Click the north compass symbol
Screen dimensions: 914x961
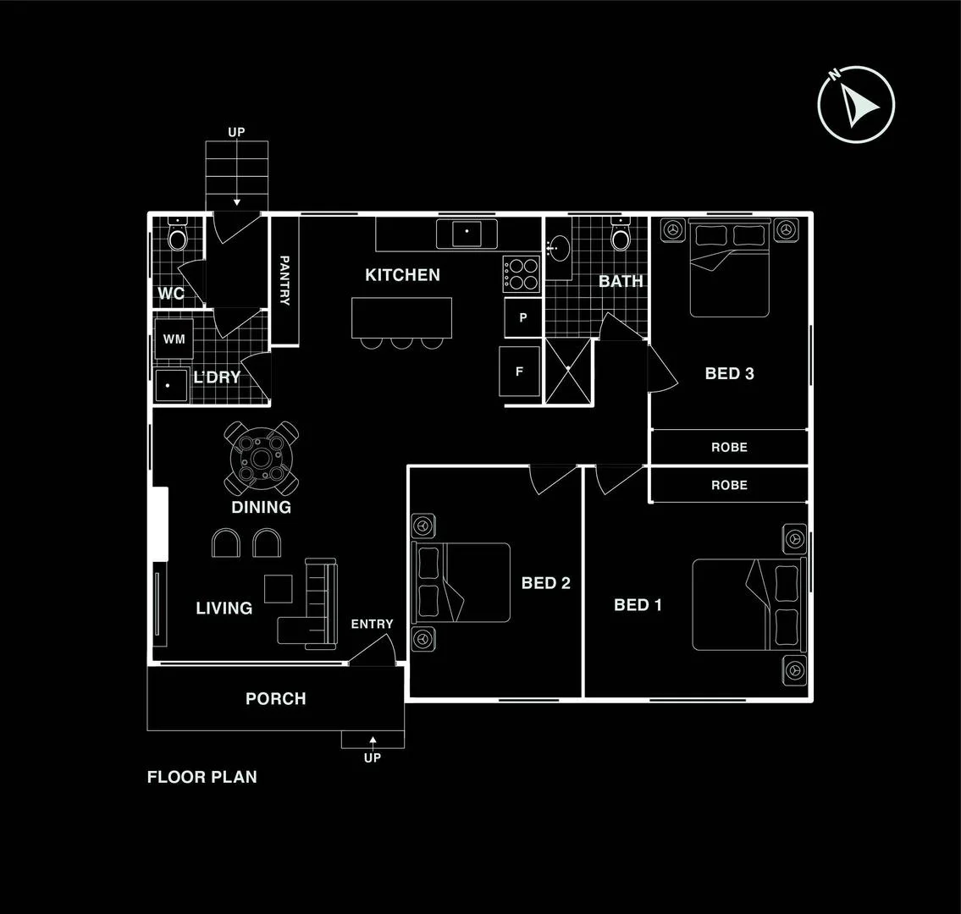856,104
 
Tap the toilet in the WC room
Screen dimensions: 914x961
178,237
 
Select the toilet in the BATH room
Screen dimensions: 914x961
621,237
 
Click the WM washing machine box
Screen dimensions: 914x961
174,339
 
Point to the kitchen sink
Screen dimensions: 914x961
467,233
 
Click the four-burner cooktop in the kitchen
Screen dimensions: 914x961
522,274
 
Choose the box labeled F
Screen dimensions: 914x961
519,371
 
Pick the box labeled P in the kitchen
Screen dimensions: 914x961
522,318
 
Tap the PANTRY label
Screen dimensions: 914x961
284,281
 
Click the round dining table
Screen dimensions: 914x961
261,459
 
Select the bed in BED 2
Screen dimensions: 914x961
461,582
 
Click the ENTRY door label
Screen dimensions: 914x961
372,624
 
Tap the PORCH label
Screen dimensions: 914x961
275,699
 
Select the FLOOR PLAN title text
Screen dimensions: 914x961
202,777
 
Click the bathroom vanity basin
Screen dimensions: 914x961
558,249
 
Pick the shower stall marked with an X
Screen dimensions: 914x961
567,371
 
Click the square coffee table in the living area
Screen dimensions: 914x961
279,588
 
